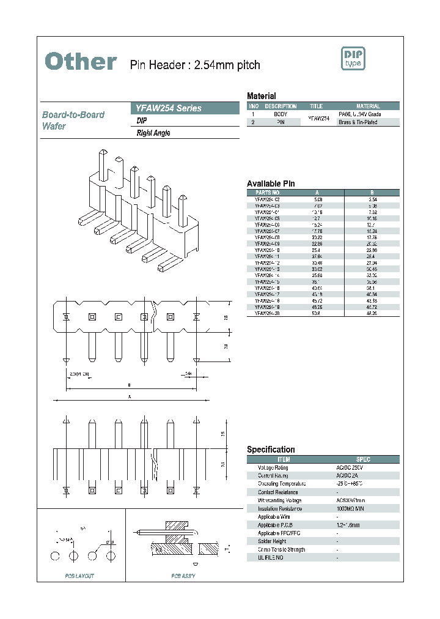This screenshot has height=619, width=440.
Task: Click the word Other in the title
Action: click(x=81, y=61)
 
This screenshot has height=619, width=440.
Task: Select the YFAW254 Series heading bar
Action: click(x=185, y=108)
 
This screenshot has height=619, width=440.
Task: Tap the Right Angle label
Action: click(x=153, y=133)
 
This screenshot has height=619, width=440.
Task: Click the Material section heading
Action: click(x=261, y=96)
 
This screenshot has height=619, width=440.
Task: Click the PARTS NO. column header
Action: click(x=267, y=191)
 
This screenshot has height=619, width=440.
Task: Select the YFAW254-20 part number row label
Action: click(x=267, y=313)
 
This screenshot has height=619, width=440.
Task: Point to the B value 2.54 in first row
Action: click(x=372, y=199)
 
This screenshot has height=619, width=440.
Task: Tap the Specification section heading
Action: click(x=271, y=450)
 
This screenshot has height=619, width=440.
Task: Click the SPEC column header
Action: click(x=363, y=459)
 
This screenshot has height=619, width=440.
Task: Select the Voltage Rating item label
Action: click(x=273, y=467)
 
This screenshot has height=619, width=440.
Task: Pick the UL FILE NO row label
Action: click(x=271, y=558)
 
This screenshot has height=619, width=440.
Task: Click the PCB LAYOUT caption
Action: click(x=79, y=576)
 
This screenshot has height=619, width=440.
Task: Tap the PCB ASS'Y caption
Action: click(x=183, y=576)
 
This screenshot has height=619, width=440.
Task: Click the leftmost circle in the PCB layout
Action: click(x=55, y=555)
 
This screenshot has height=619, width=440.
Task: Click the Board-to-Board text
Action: click(x=73, y=115)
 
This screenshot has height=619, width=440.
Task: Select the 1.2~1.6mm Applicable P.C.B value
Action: click(x=346, y=525)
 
